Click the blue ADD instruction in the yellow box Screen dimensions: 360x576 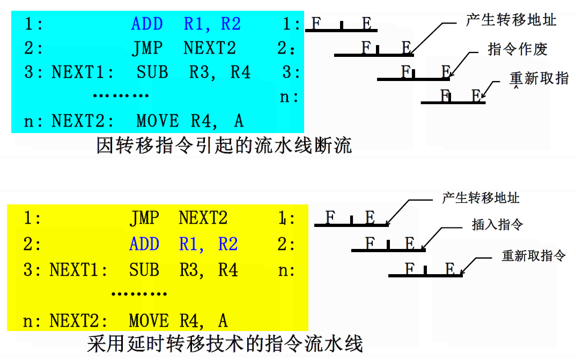[x=144, y=244]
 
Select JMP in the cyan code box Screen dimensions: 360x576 [x=147, y=48]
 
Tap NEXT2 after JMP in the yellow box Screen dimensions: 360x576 [x=203, y=218]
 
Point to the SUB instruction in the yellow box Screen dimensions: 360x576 [x=144, y=269]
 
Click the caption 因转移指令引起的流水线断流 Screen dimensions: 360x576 [x=224, y=145]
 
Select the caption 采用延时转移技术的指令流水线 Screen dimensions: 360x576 [x=225, y=343]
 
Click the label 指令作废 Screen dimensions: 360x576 [x=517, y=49]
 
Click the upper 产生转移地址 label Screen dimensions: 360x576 [x=511, y=20]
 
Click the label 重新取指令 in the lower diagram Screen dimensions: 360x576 [x=534, y=255]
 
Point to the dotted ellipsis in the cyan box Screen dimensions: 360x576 [x=121, y=96]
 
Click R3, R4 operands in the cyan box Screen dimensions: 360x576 [x=220, y=72]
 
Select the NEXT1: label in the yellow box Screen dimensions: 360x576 [x=78, y=269]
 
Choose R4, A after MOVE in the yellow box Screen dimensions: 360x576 [x=203, y=321]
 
